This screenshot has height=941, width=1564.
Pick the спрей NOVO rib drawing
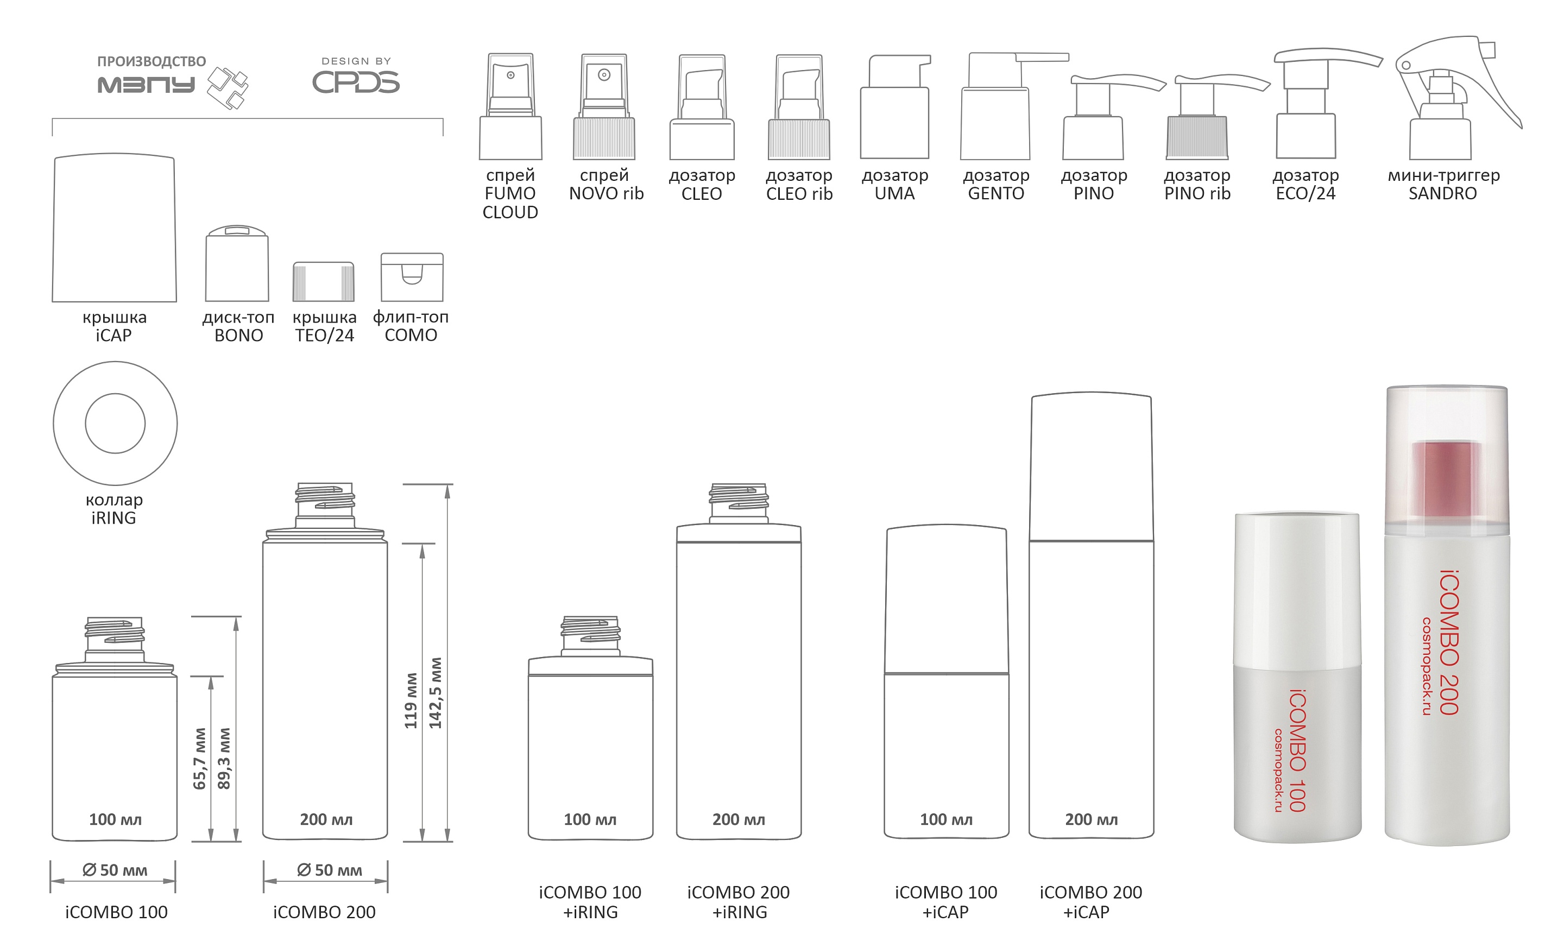coord(603,108)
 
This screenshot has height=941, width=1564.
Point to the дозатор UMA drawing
coord(894,108)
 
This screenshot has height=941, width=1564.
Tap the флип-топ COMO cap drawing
coord(412,277)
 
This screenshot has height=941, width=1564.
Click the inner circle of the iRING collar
coord(115,424)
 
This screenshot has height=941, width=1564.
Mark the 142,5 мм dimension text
coord(436,692)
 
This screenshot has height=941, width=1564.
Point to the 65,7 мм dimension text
coord(200,759)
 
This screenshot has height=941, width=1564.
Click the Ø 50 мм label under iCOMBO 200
coord(329,870)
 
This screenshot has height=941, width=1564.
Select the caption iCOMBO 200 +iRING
coord(739,902)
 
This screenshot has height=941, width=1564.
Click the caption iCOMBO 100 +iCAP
coord(945,902)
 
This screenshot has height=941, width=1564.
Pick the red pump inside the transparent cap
coord(1446,479)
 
